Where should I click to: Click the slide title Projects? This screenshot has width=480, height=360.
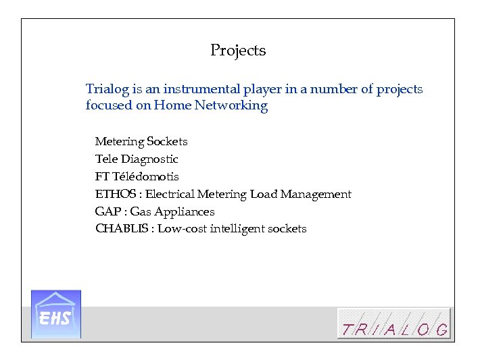(238, 51)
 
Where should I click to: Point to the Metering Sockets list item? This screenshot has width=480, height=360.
(141, 142)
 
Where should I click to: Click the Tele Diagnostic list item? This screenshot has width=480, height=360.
(137, 159)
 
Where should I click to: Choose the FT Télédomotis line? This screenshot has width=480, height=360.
(137, 177)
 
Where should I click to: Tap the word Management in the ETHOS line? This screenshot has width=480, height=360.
(316, 195)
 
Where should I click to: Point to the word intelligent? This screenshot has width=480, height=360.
(236, 229)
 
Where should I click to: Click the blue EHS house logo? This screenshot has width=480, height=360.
(56, 314)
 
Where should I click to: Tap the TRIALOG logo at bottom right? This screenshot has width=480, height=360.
(394, 324)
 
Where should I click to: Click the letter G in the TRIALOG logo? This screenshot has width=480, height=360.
(441, 330)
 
